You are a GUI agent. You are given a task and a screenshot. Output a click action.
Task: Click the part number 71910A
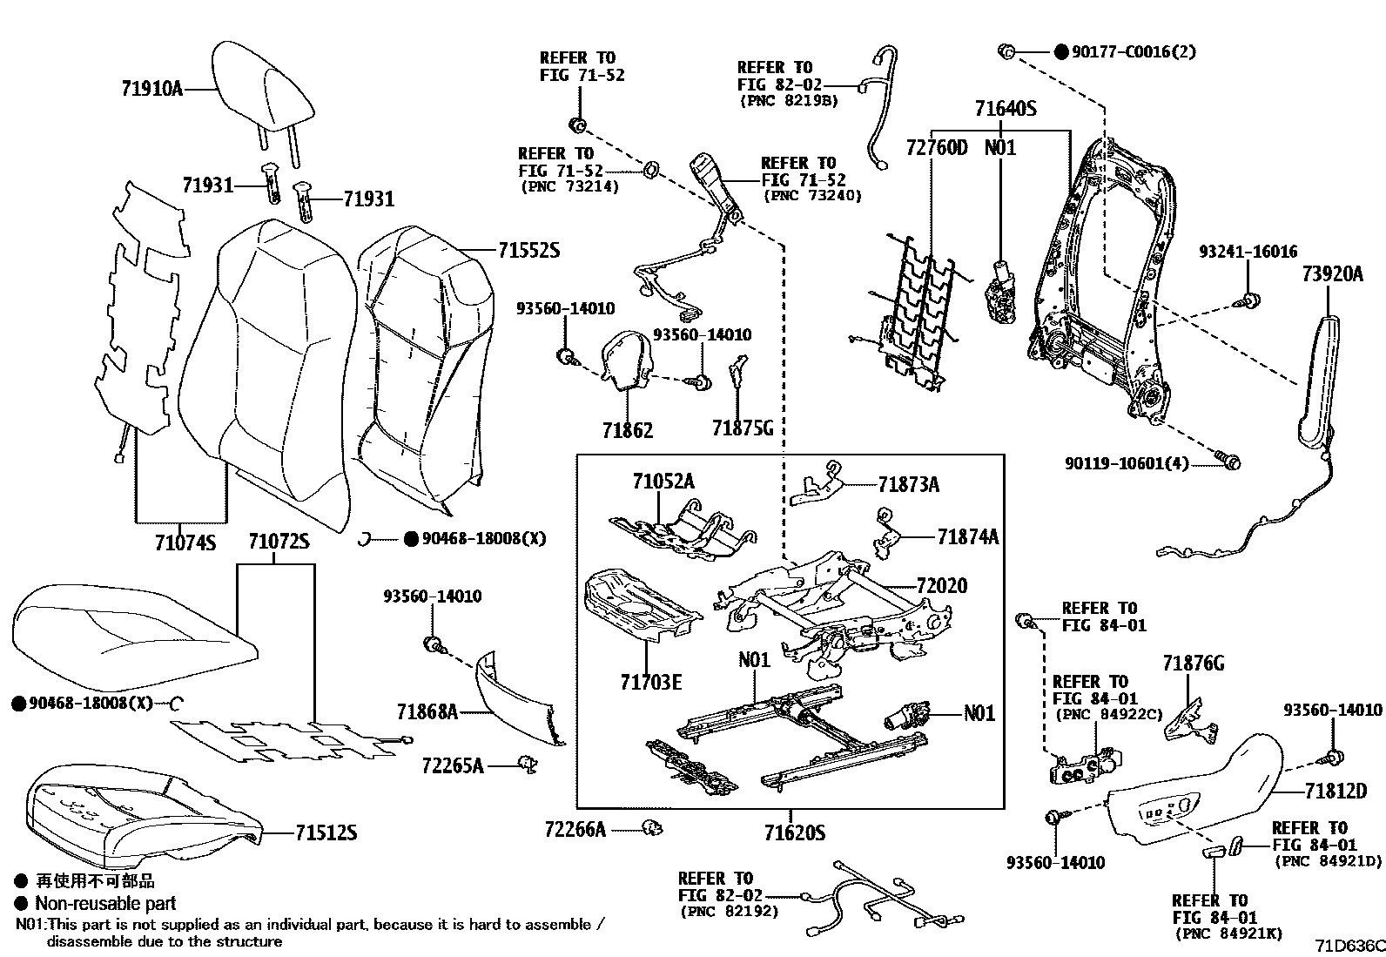tap(151, 87)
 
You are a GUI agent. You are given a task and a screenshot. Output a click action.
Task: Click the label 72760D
tap(936, 148)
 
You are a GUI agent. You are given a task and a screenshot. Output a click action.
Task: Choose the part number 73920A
tap(1332, 274)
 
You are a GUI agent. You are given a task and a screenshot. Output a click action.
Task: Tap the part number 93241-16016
tap(1247, 252)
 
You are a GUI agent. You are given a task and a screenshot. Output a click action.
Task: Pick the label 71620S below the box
tap(794, 833)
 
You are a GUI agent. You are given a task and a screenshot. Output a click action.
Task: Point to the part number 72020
tap(941, 586)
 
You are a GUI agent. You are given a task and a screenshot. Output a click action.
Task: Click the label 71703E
tap(650, 681)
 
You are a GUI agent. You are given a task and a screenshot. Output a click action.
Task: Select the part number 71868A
tap(427, 712)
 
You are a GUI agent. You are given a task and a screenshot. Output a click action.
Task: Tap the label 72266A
tap(575, 830)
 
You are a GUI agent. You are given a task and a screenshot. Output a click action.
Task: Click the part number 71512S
tap(326, 833)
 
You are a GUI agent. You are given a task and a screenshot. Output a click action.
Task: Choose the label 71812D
tap(1336, 791)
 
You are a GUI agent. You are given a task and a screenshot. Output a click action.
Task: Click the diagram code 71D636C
tap(1349, 945)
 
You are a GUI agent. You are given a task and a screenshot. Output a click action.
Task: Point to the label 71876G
tap(1193, 664)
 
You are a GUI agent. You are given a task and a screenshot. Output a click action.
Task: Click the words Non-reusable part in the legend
tap(105, 904)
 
